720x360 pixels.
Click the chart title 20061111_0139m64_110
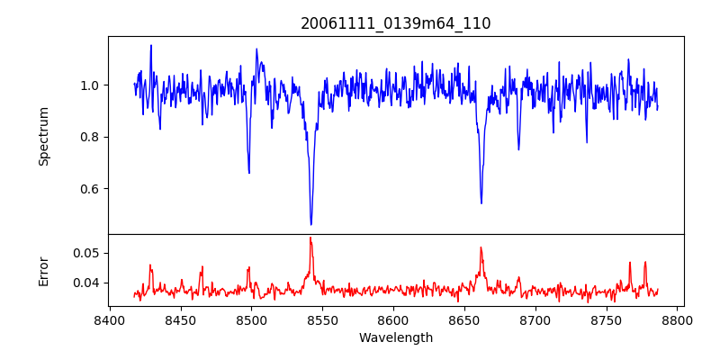coord(395,23)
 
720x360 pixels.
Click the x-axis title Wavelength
coord(395,337)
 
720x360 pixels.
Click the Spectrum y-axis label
coord(43,136)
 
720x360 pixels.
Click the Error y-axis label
coord(43,271)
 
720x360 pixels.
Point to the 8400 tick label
coord(110,319)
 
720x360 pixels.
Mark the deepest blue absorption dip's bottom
coord(311,224)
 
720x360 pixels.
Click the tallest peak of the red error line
coord(310,238)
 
